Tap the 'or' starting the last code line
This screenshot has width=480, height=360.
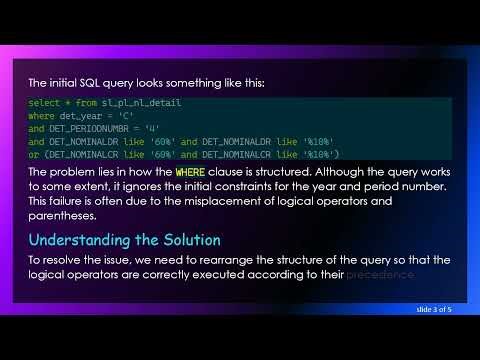(x=34, y=154)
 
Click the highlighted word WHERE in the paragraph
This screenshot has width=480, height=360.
(x=189, y=171)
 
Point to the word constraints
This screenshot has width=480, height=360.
(x=225, y=186)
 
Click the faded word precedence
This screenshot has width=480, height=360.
(x=379, y=275)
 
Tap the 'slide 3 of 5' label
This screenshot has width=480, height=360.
(x=435, y=311)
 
